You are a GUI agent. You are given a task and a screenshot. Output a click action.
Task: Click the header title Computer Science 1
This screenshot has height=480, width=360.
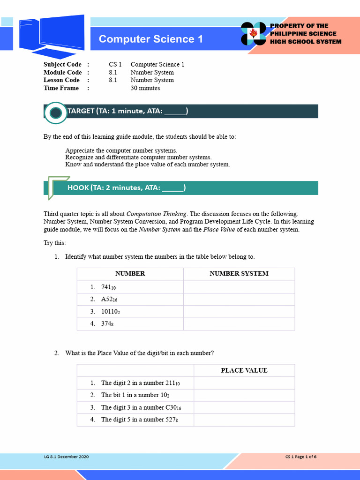click(x=151, y=39)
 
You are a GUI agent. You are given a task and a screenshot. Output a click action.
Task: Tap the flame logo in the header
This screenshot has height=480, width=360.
click(x=254, y=33)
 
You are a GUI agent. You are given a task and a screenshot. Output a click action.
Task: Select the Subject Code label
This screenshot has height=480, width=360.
click(x=62, y=64)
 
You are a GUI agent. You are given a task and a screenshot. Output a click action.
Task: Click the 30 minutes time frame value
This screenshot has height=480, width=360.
click(x=145, y=88)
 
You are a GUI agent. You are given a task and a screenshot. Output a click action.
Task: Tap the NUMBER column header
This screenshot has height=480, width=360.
click(x=130, y=274)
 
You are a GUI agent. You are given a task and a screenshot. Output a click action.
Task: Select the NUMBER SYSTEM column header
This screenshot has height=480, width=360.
click(x=239, y=274)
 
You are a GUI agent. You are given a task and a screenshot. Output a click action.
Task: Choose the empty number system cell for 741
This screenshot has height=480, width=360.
click(x=239, y=287)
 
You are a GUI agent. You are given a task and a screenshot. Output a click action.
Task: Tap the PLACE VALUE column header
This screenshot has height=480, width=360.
click(x=244, y=370)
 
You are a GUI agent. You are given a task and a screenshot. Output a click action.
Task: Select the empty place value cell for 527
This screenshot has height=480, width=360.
click(x=244, y=420)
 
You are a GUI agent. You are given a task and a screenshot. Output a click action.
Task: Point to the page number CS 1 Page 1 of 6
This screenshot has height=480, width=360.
click(x=301, y=457)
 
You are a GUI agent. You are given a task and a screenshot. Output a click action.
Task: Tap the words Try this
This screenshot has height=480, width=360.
click(x=55, y=243)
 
